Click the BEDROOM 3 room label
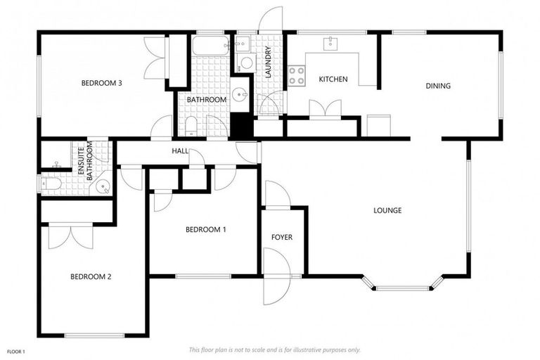pyautogui.click(x=102, y=84)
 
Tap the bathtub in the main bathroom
pyautogui.click(x=210, y=46)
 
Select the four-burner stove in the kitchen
pyautogui.click(x=296, y=75)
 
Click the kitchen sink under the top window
pyautogui.click(x=329, y=44)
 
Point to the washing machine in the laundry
pyautogui.click(x=246, y=63)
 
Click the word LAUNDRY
pyautogui.click(x=268, y=61)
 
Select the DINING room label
pyautogui.click(x=437, y=86)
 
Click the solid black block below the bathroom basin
pyautogui.click(x=241, y=126)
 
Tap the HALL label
pyautogui.click(x=180, y=151)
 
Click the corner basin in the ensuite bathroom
pyautogui.click(x=104, y=187)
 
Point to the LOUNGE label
pyautogui.click(x=387, y=210)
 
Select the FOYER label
pyautogui.click(x=281, y=238)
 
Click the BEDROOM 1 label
pyautogui.click(x=205, y=230)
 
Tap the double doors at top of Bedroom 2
pyautogui.click(x=70, y=236)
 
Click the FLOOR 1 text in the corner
pyautogui.click(x=16, y=351)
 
